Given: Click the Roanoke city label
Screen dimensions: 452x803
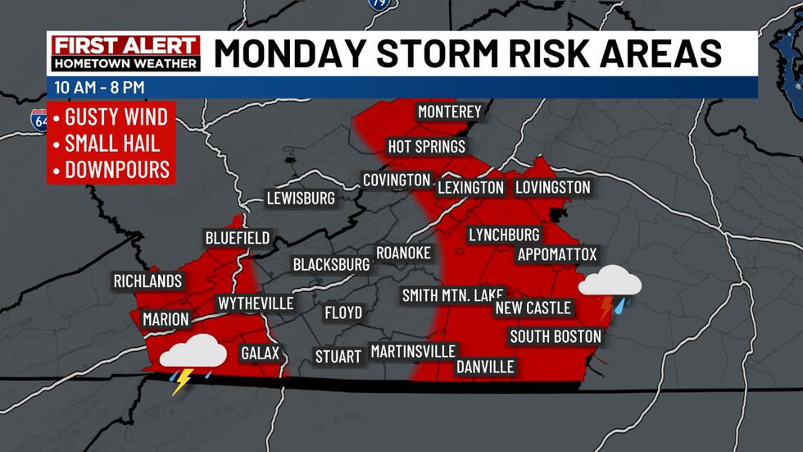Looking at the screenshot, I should (x=403, y=253).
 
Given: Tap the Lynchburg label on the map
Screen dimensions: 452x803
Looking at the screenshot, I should (x=504, y=235).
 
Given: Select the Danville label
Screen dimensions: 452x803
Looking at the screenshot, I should (x=485, y=366).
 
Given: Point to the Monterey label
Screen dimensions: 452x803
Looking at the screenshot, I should (x=449, y=112).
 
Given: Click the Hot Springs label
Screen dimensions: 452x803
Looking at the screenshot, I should (x=427, y=147).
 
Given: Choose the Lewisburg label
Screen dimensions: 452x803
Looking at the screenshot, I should (x=301, y=199).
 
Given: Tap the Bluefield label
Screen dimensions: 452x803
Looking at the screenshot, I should (x=237, y=238).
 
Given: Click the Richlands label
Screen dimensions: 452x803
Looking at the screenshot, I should (x=147, y=281).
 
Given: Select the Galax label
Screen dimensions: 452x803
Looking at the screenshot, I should (x=261, y=354).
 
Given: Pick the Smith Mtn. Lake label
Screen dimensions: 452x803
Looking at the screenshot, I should (x=452, y=295).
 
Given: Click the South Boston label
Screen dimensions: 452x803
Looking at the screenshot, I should (x=555, y=336).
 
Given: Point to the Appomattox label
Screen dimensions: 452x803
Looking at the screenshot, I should (x=557, y=254).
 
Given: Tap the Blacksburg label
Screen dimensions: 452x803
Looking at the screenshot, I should (x=331, y=265).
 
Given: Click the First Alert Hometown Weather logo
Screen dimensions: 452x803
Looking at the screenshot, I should (x=125, y=54).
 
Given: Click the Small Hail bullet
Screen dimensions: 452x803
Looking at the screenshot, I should (x=112, y=143).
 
